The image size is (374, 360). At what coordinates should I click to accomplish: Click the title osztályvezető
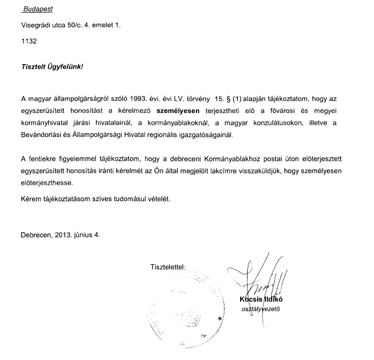click(261, 309)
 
